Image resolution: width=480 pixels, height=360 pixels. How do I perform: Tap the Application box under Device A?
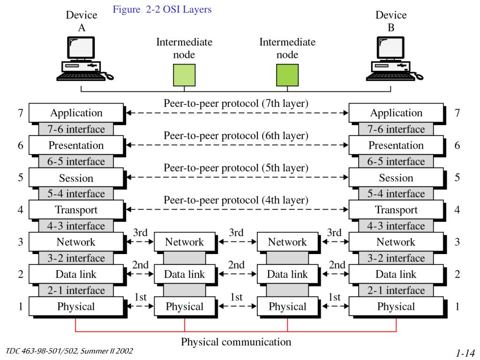pyautogui.click(x=76, y=113)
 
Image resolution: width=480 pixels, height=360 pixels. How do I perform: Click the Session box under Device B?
pyautogui.click(x=396, y=178)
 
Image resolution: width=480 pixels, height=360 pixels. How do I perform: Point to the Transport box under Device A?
pyautogui.click(x=76, y=210)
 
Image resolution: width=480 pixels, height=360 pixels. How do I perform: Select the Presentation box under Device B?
pyautogui.click(x=396, y=145)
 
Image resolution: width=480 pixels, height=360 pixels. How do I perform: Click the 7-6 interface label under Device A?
pyautogui.click(x=76, y=129)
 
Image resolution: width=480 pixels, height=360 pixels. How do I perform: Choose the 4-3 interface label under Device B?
pyautogui.click(x=396, y=226)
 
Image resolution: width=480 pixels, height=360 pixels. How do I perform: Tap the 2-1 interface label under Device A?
pyautogui.click(x=76, y=291)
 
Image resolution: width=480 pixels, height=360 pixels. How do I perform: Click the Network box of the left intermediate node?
pyautogui.click(x=184, y=242)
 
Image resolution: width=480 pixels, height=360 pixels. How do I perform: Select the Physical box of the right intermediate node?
pyautogui.click(x=287, y=307)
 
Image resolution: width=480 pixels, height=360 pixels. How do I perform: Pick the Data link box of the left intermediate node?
pyautogui.click(x=184, y=274)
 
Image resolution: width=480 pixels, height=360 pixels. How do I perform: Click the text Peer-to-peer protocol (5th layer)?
pyautogui.click(x=236, y=167)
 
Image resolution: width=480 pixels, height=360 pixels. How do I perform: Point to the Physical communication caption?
pyautogui.click(x=236, y=342)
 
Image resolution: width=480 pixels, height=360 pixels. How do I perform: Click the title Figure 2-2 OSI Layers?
pyautogui.click(x=162, y=9)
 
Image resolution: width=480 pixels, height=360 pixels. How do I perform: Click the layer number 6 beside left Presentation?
pyautogui.click(x=21, y=145)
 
